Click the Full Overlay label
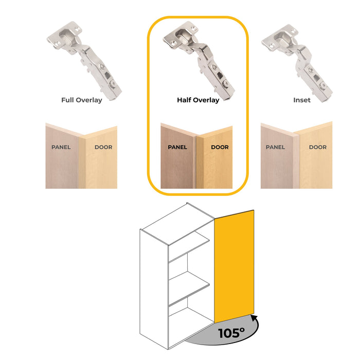[x=81, y=100]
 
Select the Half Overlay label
[x=198, y=100]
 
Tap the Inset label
[x=302, y=100]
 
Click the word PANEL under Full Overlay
[x=61, y=147]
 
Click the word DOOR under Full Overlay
[x=103, y=147]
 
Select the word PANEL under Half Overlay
[x=177, y=147]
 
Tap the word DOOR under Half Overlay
[x=220, y=147]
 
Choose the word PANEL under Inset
[x=276, y=147]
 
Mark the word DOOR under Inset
[x=317, y=147]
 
